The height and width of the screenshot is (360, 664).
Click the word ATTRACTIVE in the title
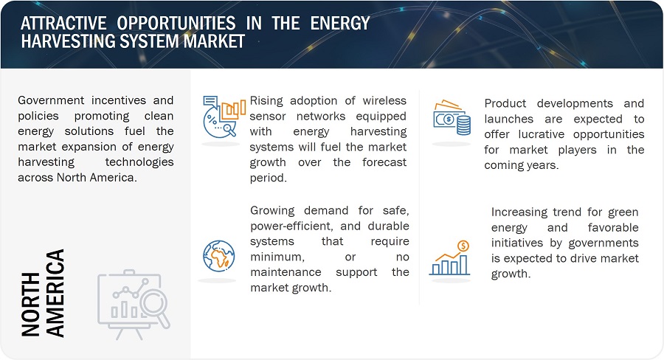(x=63, y=23)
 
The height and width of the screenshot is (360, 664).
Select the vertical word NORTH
(x=31, y=305)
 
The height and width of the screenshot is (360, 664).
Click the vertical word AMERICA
(x=55, y=293)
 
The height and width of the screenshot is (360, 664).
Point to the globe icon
(x=218, y=256)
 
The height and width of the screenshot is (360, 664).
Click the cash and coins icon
(x=452, y=118)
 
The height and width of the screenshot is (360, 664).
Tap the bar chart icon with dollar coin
(x=450, y=258)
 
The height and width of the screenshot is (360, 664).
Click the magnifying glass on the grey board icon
(x=156, y=308)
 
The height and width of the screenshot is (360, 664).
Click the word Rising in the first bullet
(x=266, y=101)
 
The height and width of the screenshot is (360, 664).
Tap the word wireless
(x=384, y=100)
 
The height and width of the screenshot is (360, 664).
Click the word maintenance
(x=286, y=272)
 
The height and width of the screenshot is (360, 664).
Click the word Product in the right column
(x=505, y=103)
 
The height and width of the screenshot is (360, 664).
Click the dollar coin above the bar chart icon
(x=463, y=246)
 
